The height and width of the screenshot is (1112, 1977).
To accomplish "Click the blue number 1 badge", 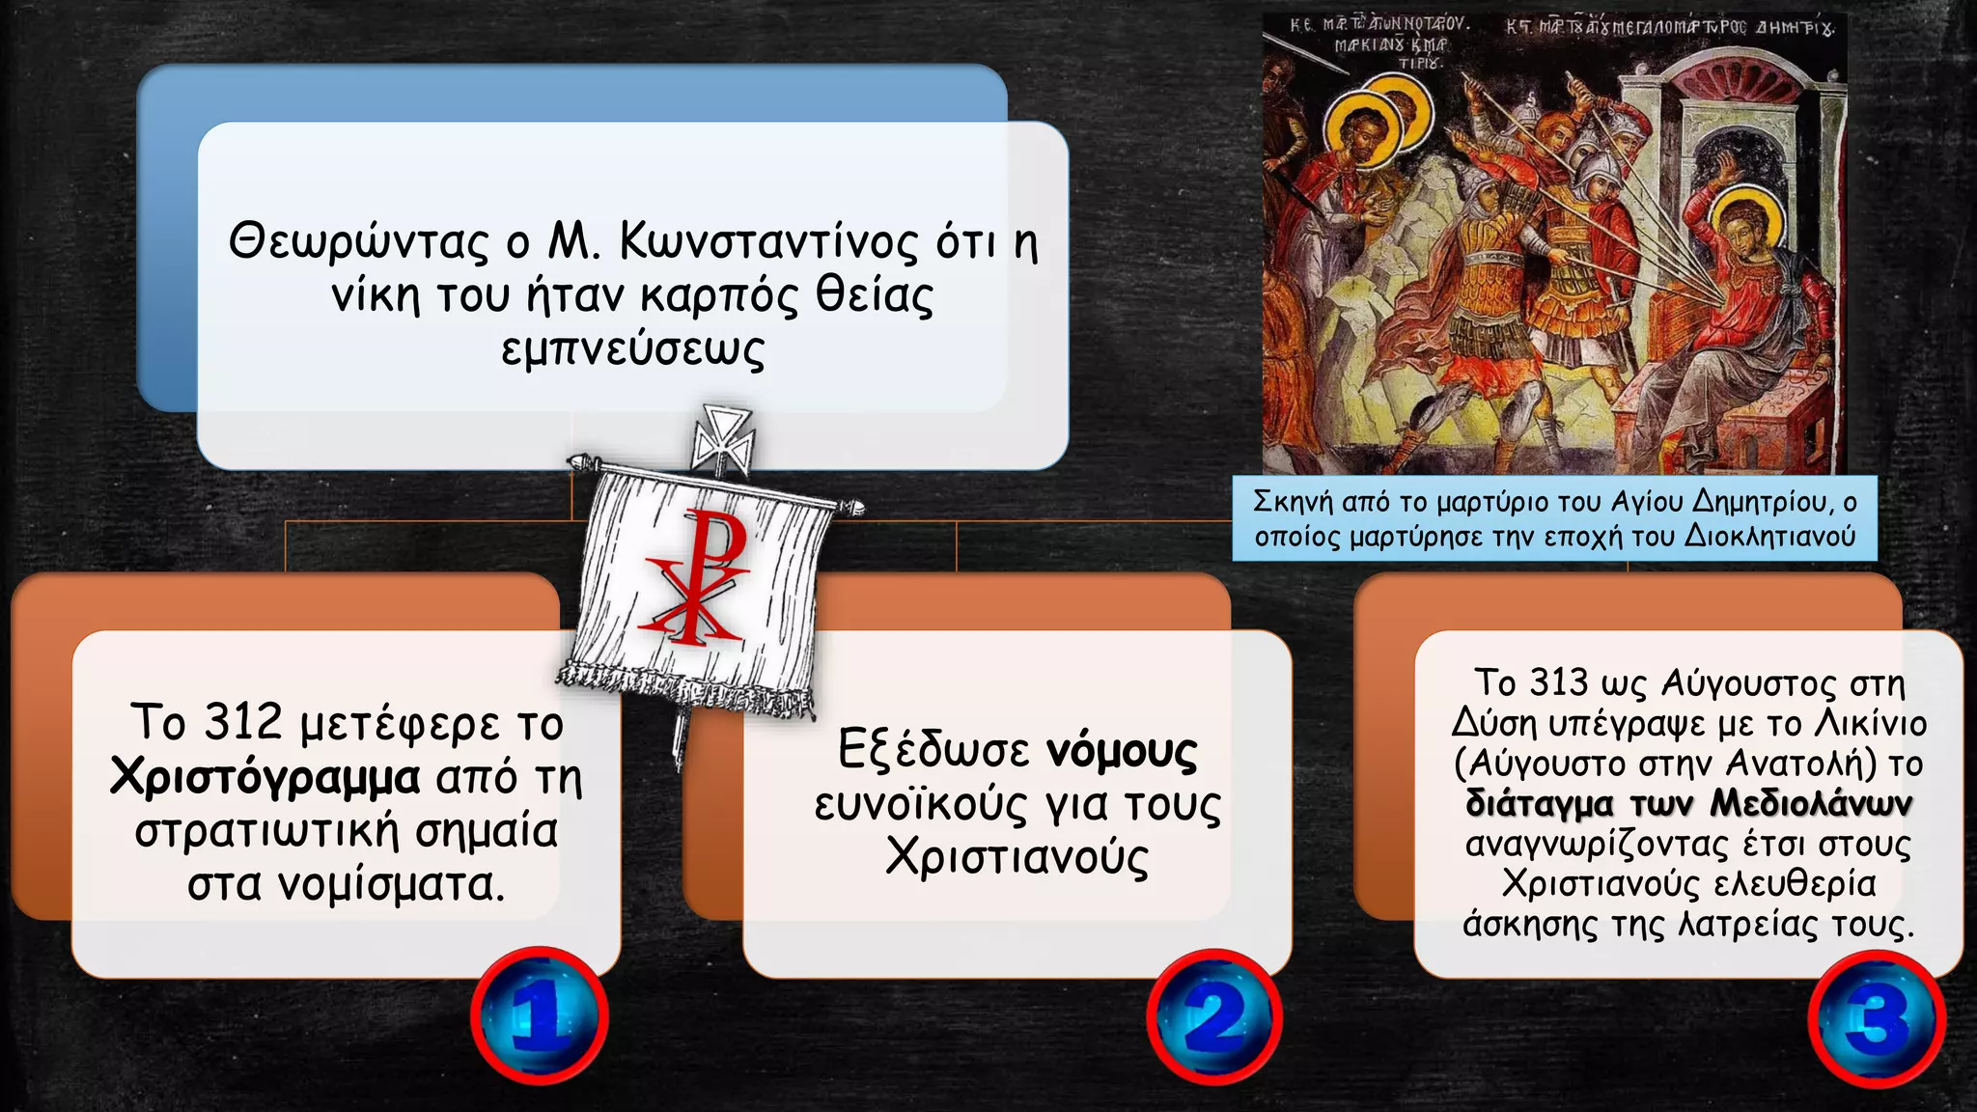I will tap(539, 1015).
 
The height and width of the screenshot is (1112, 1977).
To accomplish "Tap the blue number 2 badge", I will tap(1214, 1016).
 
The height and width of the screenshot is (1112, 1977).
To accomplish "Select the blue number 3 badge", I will tap(1877, 1018).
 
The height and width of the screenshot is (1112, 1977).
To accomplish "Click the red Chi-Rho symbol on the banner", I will tap(698, 579).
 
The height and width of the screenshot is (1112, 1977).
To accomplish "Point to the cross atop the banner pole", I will tap(722, 439).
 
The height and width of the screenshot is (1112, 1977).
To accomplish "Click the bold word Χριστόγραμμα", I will tap(265, 776).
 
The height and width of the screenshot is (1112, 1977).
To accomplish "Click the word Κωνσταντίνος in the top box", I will tap(768, 240).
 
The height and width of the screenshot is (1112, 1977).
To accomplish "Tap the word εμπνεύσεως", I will tap(633, 348).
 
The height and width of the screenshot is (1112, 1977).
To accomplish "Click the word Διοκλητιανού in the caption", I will tap(1769, 536).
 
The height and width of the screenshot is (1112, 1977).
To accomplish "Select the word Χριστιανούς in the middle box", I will tap(1016, 856).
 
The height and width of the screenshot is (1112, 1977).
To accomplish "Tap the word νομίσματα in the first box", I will tap(388, 883).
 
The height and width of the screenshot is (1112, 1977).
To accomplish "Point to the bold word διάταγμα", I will tap(1540, 803).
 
